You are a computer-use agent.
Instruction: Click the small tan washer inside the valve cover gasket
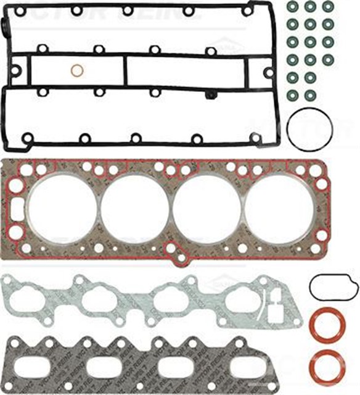(x=77, y=71)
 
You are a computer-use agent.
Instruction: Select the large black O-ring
(x=309, y=128)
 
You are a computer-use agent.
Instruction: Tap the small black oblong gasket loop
(x=333, y=286)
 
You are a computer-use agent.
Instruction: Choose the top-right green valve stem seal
(x=328, y=7)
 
